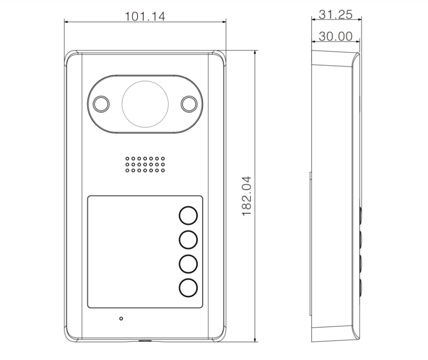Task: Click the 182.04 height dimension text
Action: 248,196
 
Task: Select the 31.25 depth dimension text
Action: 336,15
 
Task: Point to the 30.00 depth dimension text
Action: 336,36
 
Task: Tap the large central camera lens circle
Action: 145,104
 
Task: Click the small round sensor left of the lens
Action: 101,104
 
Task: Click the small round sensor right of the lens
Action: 189,104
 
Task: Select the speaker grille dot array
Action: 145,165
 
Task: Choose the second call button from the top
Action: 188,240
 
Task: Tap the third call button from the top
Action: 188,264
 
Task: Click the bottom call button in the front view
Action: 188,288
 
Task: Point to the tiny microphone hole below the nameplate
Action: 121,318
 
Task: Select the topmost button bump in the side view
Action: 361,215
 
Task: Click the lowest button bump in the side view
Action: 361,287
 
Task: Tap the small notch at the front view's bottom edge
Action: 145,341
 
